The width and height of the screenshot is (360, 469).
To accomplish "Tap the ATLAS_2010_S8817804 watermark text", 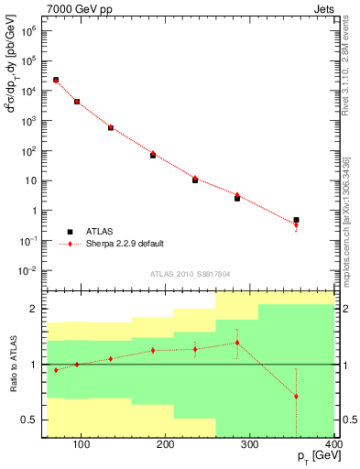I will (x=189, y=274).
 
